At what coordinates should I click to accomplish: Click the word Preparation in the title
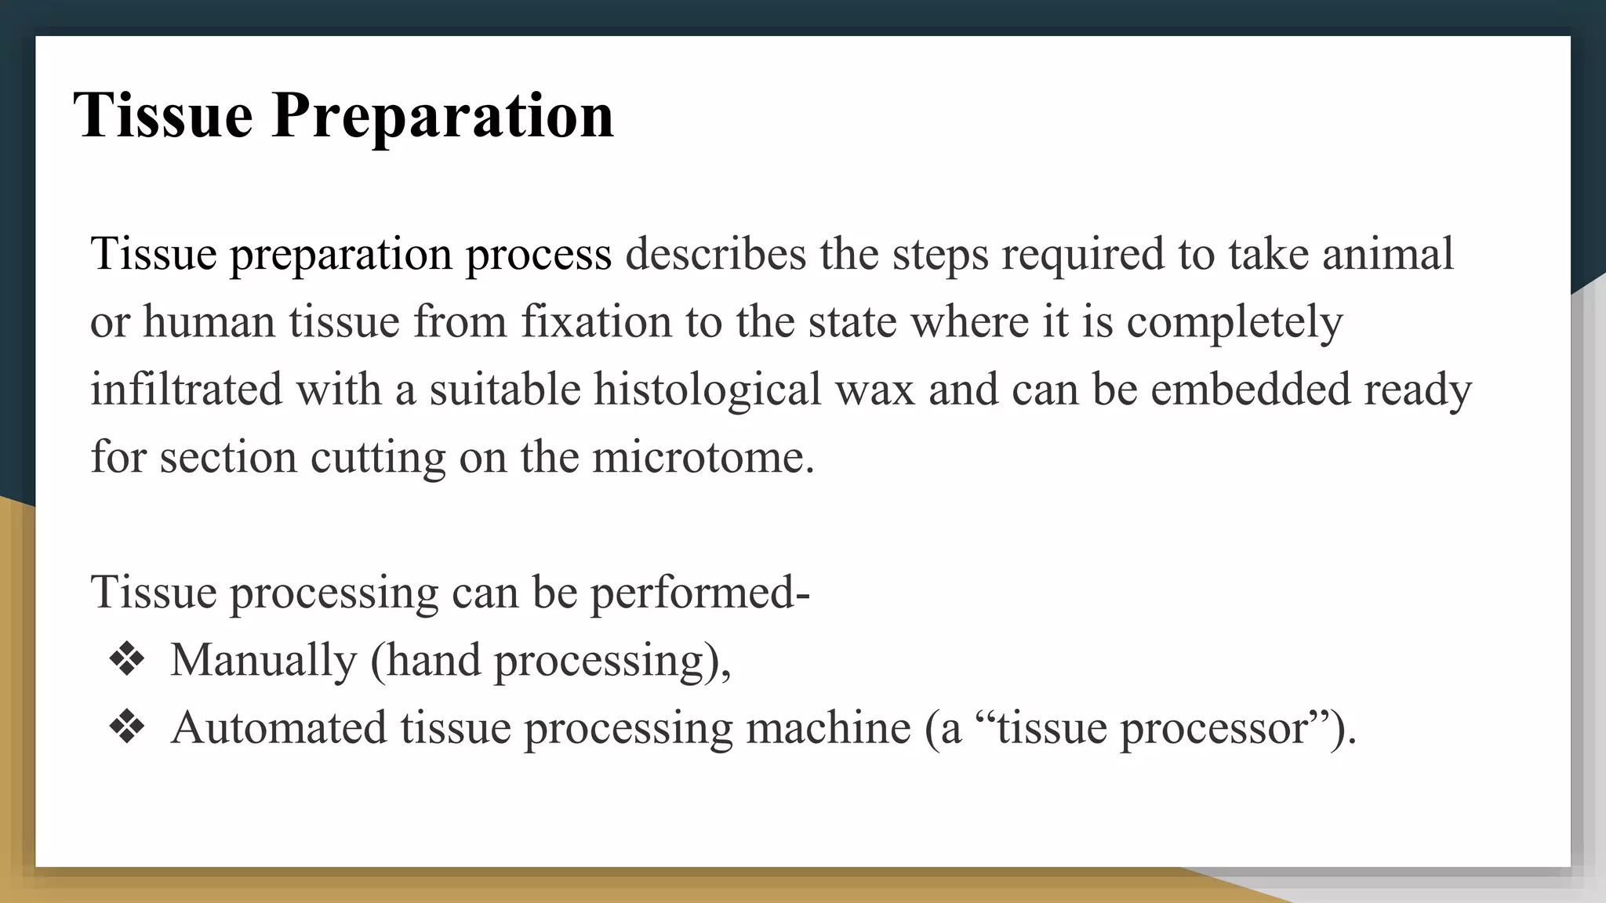(x=442, y=115)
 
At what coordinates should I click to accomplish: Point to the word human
(x=209, y=321)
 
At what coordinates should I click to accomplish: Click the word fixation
(x=596, y=321)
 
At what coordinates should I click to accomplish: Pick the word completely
(x=1234, y=323)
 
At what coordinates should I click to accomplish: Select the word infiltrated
(x=186, y=389)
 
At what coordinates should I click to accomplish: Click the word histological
(x=707, y=389)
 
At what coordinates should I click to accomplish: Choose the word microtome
(x=703, y=456)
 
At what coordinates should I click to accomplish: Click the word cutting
(x=378, y=458)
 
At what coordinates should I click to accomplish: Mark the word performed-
(x=699, y=593)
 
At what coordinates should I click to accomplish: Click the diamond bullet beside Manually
(x=127, y=660)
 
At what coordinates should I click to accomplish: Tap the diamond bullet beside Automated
(x=127, y=727)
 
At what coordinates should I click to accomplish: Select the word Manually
(x=263, y=661)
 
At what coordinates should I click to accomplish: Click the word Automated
(x=279, y=727)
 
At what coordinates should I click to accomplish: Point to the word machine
(x=828, y=727)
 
